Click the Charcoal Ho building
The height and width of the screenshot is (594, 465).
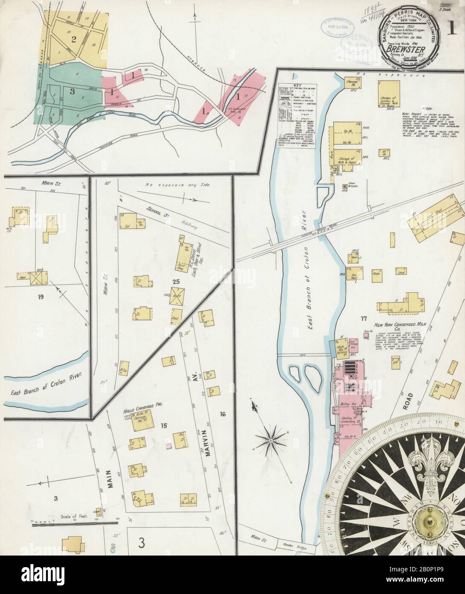click(x=351, y=82)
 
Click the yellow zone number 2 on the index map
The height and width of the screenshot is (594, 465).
click(x=73, y=40)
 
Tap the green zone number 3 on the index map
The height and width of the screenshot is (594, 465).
click(x=73, y=91)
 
